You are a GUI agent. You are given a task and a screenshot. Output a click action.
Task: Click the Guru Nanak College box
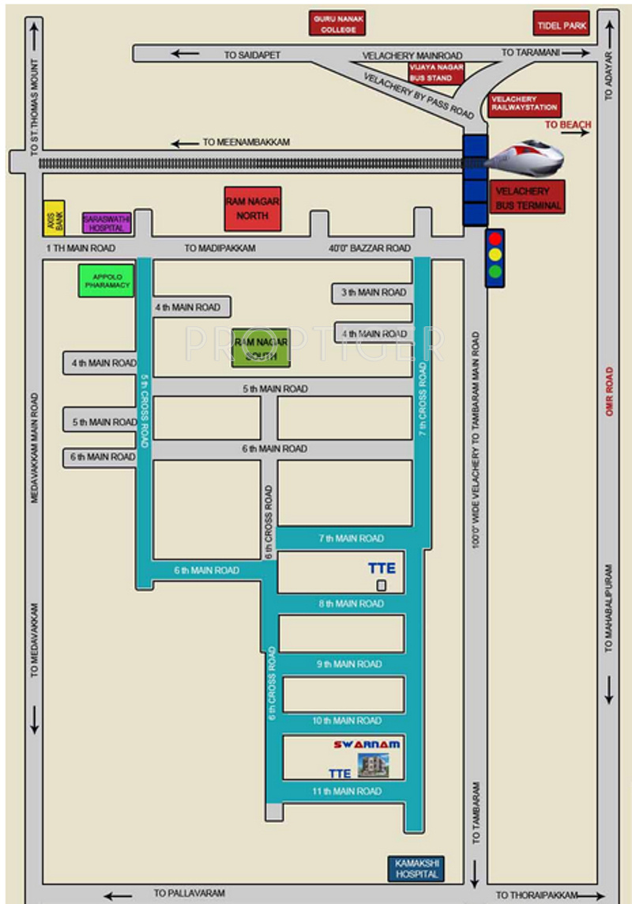coord(337,24)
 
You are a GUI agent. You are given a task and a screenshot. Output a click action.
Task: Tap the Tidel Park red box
coord(561,25)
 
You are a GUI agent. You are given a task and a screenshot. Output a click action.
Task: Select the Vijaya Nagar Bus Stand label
coord(431,73)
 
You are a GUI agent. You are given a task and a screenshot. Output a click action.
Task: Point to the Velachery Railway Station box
coord(524,104)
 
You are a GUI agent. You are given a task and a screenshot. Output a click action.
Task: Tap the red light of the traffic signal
coord(495,239)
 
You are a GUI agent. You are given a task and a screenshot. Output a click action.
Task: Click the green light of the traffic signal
coord(495,272)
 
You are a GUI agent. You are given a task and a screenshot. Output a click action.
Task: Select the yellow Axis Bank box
coord(54,218)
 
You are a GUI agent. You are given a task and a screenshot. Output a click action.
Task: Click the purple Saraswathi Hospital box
coord(106,223)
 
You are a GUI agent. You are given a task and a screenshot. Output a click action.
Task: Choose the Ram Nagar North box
coord(253,209)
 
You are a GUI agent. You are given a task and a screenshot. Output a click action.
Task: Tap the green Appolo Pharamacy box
coord(107,280)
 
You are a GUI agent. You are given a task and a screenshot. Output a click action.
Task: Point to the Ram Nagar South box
coord(260,348)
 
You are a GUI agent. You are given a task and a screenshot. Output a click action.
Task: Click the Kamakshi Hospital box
coord(416,868)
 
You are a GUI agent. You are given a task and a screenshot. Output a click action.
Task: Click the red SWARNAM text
coord(367,744)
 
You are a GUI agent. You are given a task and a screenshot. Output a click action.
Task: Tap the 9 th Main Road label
coord(348,665)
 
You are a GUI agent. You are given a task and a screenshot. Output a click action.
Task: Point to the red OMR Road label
coord(609,392)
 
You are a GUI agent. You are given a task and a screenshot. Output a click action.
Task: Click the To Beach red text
coord(568,125)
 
